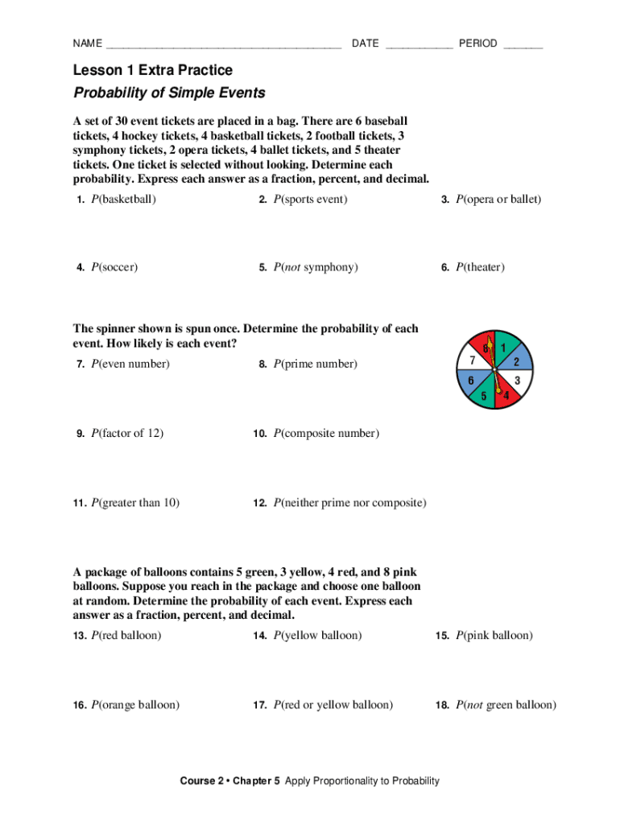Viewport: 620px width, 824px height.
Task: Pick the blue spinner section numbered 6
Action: (x=470, y=380)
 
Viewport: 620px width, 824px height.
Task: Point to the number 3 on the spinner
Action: (x=517, y=379)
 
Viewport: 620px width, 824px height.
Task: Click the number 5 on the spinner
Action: (x=483, y=395)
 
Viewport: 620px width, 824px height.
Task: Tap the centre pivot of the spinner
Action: (x=494, y=369)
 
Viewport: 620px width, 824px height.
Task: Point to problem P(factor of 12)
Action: (x=127, y=433)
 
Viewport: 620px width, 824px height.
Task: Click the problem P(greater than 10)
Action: (x=135, y=503)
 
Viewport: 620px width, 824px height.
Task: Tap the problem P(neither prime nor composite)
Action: (x=349, y=503)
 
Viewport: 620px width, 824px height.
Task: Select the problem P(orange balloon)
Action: (x=135, y=705)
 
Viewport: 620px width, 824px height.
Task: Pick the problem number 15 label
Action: (x=442, y=636)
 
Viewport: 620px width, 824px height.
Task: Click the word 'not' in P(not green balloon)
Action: (x=473, y=705)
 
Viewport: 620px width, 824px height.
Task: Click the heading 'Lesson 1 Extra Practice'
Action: (x=153, y=71)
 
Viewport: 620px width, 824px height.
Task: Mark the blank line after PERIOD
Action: (x=523, y=45)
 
